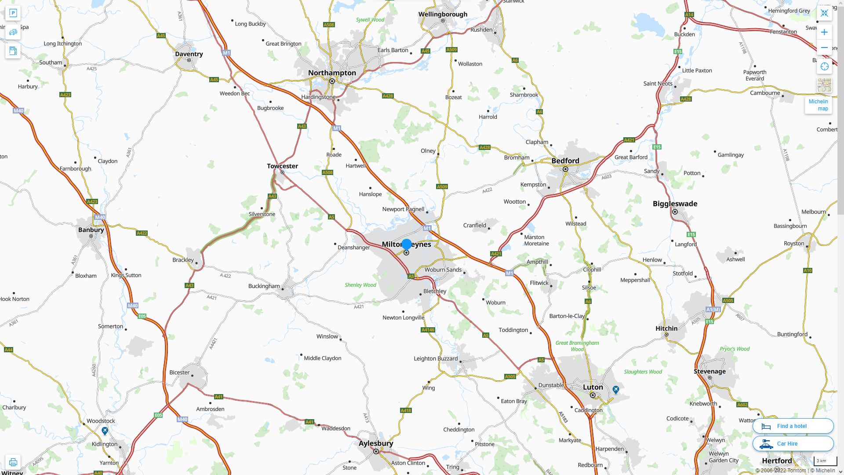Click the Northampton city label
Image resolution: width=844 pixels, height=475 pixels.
332,73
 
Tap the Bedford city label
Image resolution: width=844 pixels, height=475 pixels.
565,161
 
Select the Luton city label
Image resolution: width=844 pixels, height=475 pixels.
593,387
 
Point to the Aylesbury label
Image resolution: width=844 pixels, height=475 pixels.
376,443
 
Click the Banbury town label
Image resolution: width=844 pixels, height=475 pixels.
91,230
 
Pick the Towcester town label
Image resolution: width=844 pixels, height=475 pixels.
282,166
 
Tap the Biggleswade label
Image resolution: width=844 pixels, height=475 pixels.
675,204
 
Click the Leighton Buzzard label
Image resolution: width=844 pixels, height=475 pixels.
436,359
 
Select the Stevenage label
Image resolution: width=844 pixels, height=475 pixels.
709,372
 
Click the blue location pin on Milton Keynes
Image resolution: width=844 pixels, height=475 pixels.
407,244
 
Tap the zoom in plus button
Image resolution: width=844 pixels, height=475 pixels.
824,32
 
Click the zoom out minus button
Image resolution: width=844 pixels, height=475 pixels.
824,47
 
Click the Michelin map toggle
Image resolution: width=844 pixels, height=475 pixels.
819,105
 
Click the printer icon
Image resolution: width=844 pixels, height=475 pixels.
13,462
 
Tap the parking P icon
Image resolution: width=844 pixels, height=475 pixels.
13,13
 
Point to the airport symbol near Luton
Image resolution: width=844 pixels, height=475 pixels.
616,390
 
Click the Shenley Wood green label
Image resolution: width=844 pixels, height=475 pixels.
360,285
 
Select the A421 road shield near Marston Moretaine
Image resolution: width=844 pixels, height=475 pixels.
496,254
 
